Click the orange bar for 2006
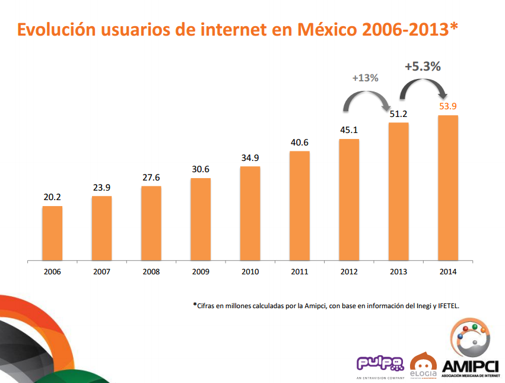click(x=52, y=233)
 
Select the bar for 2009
click(x=201, y=219)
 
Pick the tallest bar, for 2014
click(x=448, y=188)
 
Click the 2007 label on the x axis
click(x=102, y=272)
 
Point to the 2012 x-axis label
click(x=349, y=272)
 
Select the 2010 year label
click(x=250, y=272)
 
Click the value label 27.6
click(x=151, y=178)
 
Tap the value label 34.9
click(x=250, y=158)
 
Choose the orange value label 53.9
click(x=448, y=107)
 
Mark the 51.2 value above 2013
click(x=399, y=114)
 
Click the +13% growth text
click(x=365, y=78)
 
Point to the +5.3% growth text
click(x=423, y=67)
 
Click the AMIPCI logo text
click(x=470, y=366)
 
